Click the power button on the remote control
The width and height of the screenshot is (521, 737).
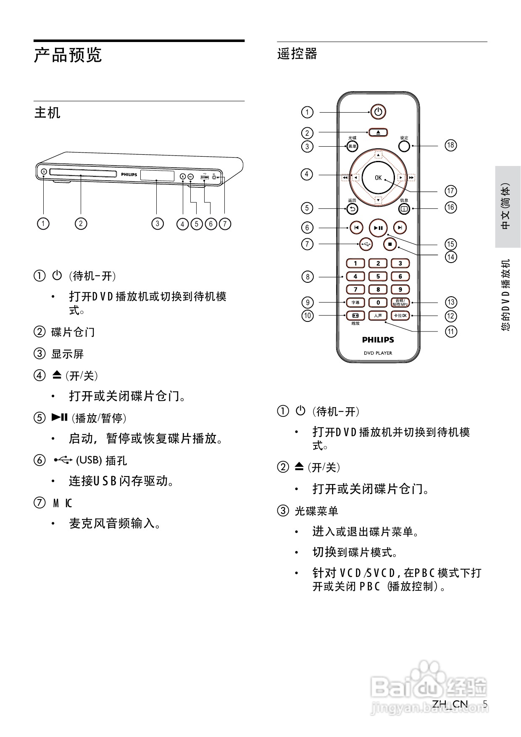point(378,112)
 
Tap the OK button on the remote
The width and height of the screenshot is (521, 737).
point(378,178)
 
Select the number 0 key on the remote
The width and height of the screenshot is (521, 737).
point(378,302)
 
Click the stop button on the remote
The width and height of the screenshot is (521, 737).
point(390,244)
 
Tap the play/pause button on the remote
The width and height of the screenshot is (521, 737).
point(378,228)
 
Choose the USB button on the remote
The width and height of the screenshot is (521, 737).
point(366,244)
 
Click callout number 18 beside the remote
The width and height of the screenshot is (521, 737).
point(450,145)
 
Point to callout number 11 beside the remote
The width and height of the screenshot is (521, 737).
point(450,332)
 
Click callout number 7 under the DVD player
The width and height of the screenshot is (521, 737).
point(225,224)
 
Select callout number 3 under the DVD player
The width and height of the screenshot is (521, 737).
point(157,224)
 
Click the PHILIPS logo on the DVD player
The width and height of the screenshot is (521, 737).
point(129,174)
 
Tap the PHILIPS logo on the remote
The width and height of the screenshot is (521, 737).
point(378,340)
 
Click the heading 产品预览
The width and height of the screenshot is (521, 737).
point(68,55)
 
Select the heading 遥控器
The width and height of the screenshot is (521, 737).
point(297,54)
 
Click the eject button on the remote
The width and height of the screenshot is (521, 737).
point(378,132)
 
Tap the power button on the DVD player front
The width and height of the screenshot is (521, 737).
point(44,171)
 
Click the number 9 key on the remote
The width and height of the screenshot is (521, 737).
point(400,289)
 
